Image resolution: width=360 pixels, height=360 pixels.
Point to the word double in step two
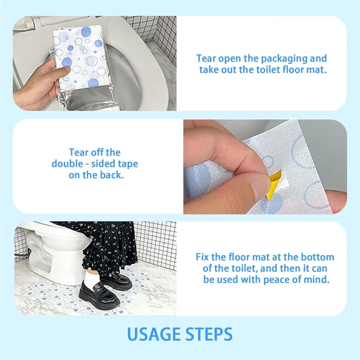point(67,164)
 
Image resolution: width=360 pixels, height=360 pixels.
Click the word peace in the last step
point(282,279)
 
